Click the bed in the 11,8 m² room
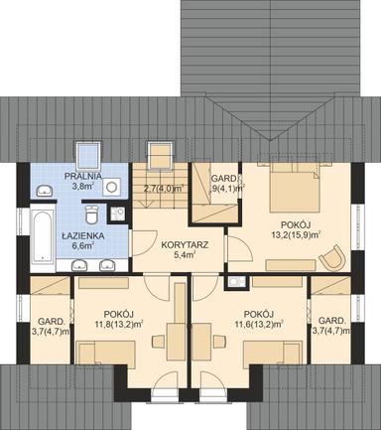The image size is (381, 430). (109, 351)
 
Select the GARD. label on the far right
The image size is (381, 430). (331, 321)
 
